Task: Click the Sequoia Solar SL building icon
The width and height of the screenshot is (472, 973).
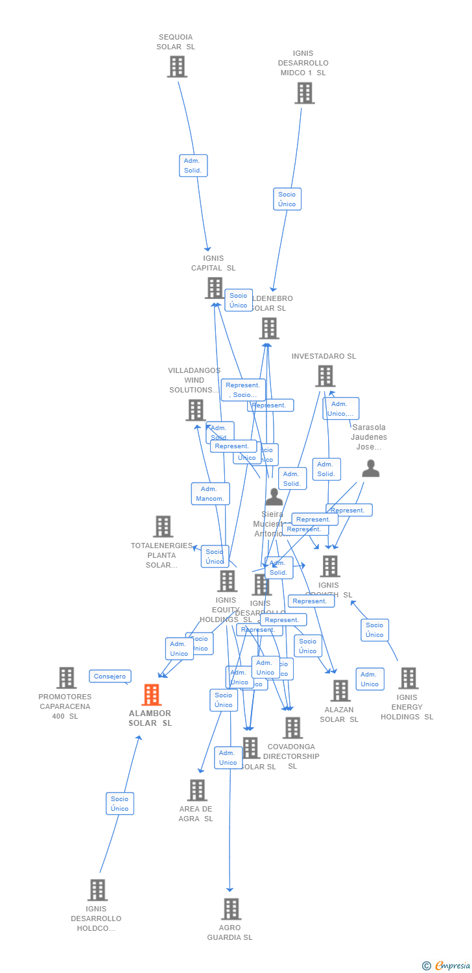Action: click(x=177, y=67)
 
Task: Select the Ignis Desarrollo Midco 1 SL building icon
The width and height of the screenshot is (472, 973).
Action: click(x=304, y=93)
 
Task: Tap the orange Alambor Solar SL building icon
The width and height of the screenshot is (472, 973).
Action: click(x=151, y=695)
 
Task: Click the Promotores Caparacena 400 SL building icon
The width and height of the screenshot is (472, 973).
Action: click(x=66, y=678)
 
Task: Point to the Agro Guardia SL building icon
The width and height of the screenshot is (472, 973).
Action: click(x=231, y=909)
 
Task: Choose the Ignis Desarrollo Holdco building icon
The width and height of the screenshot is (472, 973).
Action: click(x=97, y=890)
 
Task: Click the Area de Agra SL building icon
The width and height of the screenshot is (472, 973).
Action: click(x=197, y=790)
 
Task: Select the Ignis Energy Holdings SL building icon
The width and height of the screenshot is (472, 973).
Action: click(x=408, y=679)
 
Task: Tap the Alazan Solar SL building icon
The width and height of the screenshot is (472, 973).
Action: click(x=340, y=691)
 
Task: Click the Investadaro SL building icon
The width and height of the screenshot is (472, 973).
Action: click(x=325, y=376)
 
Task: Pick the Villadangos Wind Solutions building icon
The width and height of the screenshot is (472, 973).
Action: click(x=195, y=410)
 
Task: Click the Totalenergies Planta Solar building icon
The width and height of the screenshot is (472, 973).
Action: click(x=163, y=527)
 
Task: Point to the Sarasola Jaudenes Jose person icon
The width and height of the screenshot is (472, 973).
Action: click(x=370, y=468)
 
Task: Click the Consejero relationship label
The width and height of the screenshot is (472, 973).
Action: click(x=110, y=677)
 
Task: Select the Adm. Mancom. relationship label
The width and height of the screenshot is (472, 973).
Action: click(x=211, y=494)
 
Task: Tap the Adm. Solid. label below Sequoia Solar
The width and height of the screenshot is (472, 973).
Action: click(x=193, y=165)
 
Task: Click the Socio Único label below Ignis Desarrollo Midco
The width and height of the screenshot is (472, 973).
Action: click(x=287, y=199)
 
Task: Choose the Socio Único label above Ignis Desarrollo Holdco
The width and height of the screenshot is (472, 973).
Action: click(x=120, y=804)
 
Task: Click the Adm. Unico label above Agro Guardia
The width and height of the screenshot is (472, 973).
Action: click(x=228, y=758)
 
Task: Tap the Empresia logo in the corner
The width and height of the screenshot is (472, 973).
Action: click(x=447, y=966)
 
